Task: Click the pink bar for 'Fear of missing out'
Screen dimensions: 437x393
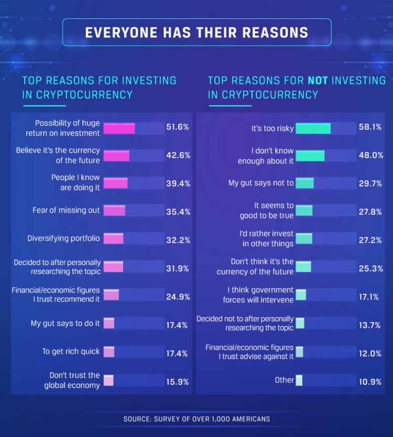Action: tap(114, 211)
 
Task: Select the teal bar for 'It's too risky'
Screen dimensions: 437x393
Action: tap(313, 128)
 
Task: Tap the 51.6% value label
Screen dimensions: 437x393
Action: tap(178, 128)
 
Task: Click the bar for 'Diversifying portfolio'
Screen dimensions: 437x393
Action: tap(113, 238)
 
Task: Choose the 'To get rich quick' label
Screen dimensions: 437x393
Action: tap(71, 351)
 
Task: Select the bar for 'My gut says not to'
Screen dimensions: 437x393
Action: tap(304, 183)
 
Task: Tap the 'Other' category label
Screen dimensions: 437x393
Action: tap(285, 380)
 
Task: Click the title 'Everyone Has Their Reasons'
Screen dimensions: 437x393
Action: tap(196, 33)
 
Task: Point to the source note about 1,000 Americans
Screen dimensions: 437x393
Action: tap(196, 419)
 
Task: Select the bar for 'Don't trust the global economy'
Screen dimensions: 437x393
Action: tap(108, 380)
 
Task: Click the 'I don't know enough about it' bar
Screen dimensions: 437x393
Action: tap(310, 155)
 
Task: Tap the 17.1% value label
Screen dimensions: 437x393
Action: tap(368, 297)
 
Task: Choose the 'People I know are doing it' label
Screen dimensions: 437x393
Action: tap(75, 182)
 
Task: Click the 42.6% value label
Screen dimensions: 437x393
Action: tap(178, 155)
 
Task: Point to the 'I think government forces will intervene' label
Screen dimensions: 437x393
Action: tap(260, 295)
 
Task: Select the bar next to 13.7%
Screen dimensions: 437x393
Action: tap(300, 324)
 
